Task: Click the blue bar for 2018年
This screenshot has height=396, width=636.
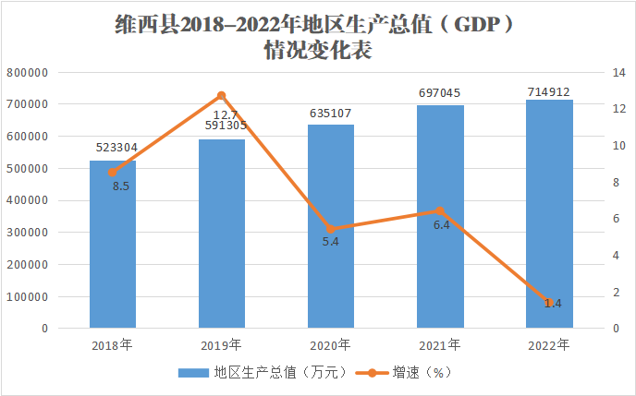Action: click(x=113, y=245)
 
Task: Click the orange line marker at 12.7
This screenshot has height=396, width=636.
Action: click(x=222, y=96)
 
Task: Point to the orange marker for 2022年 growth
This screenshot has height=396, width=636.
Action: click(x=549, y=303)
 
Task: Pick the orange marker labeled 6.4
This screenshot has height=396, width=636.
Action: click(x=440, y=211)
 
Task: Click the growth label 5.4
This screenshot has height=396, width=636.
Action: click(x=330, y=242)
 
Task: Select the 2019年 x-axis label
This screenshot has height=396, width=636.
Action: click(x=222, y=345)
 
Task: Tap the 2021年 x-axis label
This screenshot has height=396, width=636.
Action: click(x=440, y=345)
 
